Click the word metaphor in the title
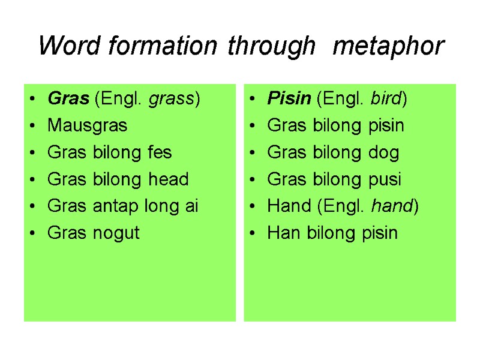[x=388, y=46]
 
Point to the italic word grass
[x=172, y=99]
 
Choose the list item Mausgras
[x=87, y=126]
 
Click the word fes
[x=160, y=152]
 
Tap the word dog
[x=385, y=153]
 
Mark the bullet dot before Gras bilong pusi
[x=253, y=179]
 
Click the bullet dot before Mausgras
[x=32, y=126]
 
